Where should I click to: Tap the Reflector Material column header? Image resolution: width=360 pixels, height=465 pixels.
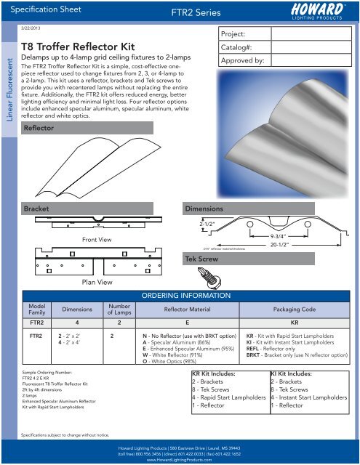tap(181, 307)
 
